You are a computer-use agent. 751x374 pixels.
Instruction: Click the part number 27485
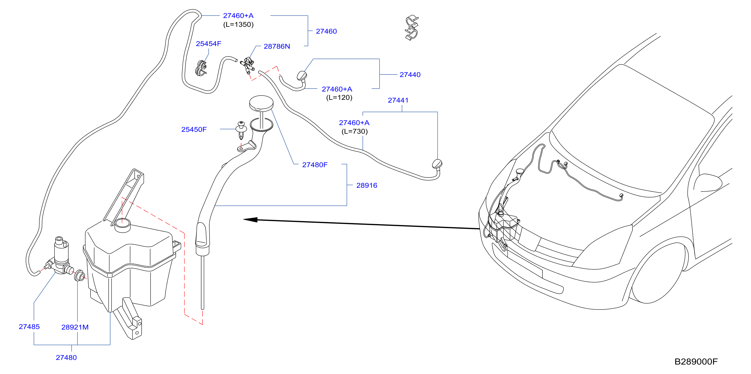tap(29, 327)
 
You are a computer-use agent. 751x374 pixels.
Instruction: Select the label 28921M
tap(75, 327)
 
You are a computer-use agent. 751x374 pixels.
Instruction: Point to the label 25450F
tap(194, 129)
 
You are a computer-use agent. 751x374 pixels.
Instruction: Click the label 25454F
tap(209, 44)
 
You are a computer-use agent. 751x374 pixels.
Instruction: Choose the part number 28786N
tap(277, 46)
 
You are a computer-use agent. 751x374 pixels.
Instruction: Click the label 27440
tap(410, 75)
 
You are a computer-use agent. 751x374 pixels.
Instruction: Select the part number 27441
tap(398, 100)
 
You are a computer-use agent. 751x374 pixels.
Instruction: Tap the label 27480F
tap(315, 165)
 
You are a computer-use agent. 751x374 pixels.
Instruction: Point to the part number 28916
tap(367, 185)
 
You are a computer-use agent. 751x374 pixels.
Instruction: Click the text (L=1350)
tap(239, 24)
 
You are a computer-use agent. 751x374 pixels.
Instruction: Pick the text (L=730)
tap(355, 131)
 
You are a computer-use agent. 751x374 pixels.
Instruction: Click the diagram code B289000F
tap(696, 361)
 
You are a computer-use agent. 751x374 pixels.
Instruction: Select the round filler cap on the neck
tap(262, 103)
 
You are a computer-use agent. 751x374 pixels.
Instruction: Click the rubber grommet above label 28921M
tap(79, 275)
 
